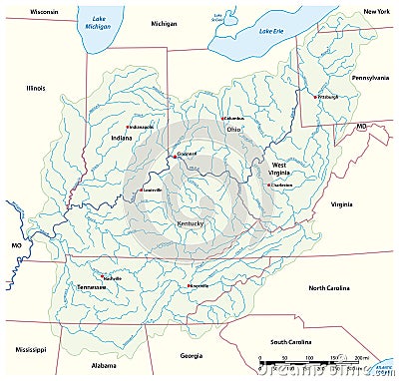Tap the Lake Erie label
pos(271,31)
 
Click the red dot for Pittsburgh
pos(314,97)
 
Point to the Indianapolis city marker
pos(128,128)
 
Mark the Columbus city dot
pos(222,119)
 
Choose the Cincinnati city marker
pos(175,156)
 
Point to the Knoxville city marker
pos(190,284)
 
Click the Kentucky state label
pos(190,223)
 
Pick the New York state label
pos(376,11)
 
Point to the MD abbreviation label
pos(361,127)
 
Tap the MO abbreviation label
pos(16,242)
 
